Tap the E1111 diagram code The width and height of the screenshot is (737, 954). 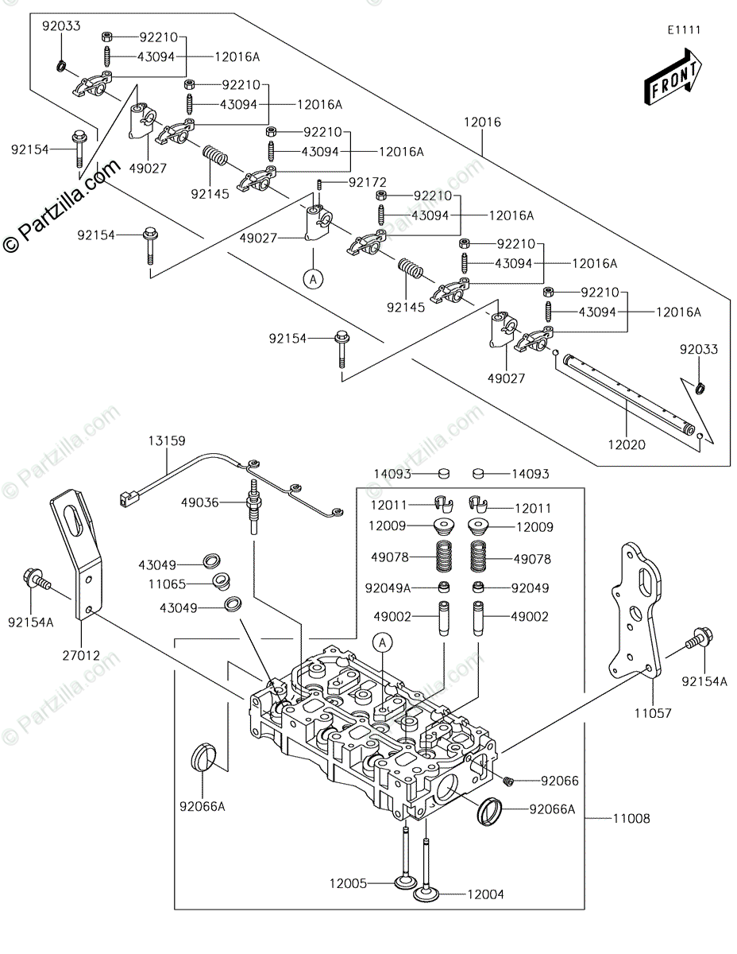685,30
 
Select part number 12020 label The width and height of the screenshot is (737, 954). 627,445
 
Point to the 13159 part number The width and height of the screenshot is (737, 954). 167,440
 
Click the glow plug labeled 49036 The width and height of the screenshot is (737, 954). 253,506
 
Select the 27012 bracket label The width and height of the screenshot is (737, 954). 81,656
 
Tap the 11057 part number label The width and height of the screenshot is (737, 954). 653,713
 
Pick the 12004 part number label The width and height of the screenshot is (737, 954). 486,894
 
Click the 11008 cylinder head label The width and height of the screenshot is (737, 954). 631,818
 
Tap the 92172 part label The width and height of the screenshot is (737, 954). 368,182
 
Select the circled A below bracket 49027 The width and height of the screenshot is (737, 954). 313,279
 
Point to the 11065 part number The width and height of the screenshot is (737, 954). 167,584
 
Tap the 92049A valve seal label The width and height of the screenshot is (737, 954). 388,588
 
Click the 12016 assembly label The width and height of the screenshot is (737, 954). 482,122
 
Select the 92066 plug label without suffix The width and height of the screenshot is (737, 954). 560,781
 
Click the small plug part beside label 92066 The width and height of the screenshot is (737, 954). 508,780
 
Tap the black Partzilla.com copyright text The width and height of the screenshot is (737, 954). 61,207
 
